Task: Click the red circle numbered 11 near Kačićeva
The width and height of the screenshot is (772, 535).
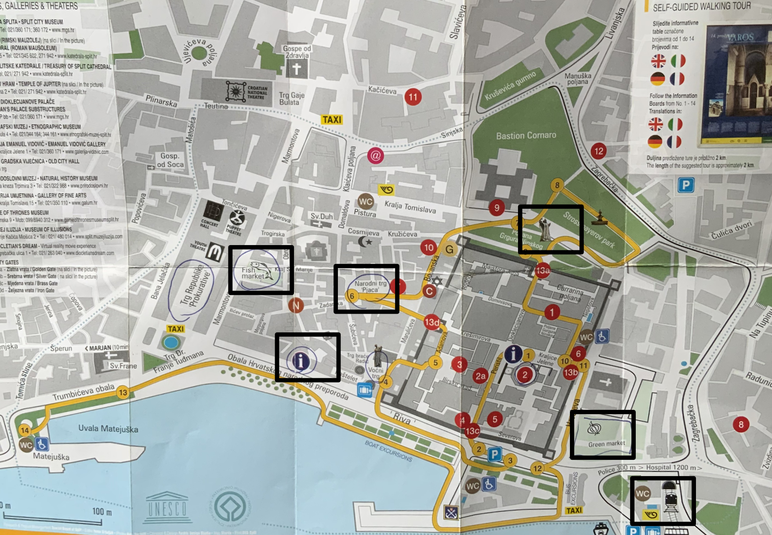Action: pyautogui.click(x=413, y=97)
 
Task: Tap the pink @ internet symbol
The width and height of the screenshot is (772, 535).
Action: pyautogui.click(x=375, y=155)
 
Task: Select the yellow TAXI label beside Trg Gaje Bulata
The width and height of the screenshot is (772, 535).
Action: pyautogui.click(x=332, y=119)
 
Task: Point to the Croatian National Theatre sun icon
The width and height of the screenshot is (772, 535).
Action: pyautogui.click(x=236, y=91)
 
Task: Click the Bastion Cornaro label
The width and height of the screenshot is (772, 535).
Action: pyautogui.click(x=526, y=136)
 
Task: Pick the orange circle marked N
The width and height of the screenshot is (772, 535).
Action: pyautogui.click(x=296, y=305)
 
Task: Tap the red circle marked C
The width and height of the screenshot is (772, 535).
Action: pyautogui.click(x=429, y=291)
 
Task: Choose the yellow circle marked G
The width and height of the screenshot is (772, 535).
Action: pyautogui.click(x=449, y=249)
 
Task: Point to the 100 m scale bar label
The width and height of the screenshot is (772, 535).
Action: pyautogui.click(x=101, y=512)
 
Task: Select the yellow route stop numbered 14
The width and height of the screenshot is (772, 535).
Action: pyautogui.click(x=25, y=430)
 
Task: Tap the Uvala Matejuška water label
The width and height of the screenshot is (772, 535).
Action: pyautogui.click(x=108, y=429)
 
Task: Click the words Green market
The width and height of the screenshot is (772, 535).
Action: pyautogui.click(x=606, y=444)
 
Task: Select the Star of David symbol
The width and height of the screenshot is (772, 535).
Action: pyautogui.click(x=436, y=281)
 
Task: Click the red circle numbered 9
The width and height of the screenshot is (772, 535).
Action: pyautogui.click(x=497, y=207)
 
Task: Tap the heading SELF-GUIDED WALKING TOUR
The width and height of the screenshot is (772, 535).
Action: pyautogui.click(x=702, y=7)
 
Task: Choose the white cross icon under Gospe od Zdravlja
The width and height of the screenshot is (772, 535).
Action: pyautogui.click(x=297, y=69)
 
